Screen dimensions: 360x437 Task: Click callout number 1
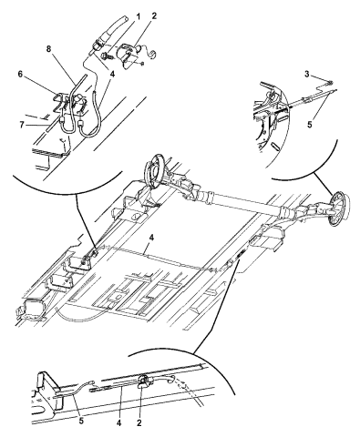pyautogui.click(x=139, y=16)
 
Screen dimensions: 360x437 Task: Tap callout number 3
pyautogui.click(x=307, y=74)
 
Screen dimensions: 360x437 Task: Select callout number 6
pyautogui.click(x=21, y=74)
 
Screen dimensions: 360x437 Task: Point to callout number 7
pyautogui.click(x=22, y=125)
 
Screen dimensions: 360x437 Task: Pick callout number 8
pyautogui.click(x=49, y=49)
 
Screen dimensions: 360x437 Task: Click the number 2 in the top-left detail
pyautogui.click(x=154, y=16)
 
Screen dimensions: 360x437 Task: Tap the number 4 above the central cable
pyautogui.click(x=151, y=238)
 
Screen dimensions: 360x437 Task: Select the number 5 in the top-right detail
pyautogui.click(x=310, y=125)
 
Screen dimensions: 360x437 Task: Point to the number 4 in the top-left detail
pyautogui.click(x=112, y=74)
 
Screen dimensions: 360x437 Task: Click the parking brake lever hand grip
pyautogui.click(x=115, y=28)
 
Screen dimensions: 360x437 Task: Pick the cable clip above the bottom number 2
pyautogui.click(x=143, y=381)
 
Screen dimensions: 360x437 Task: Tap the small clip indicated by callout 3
pyautogui.click(x=330, y=82)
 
